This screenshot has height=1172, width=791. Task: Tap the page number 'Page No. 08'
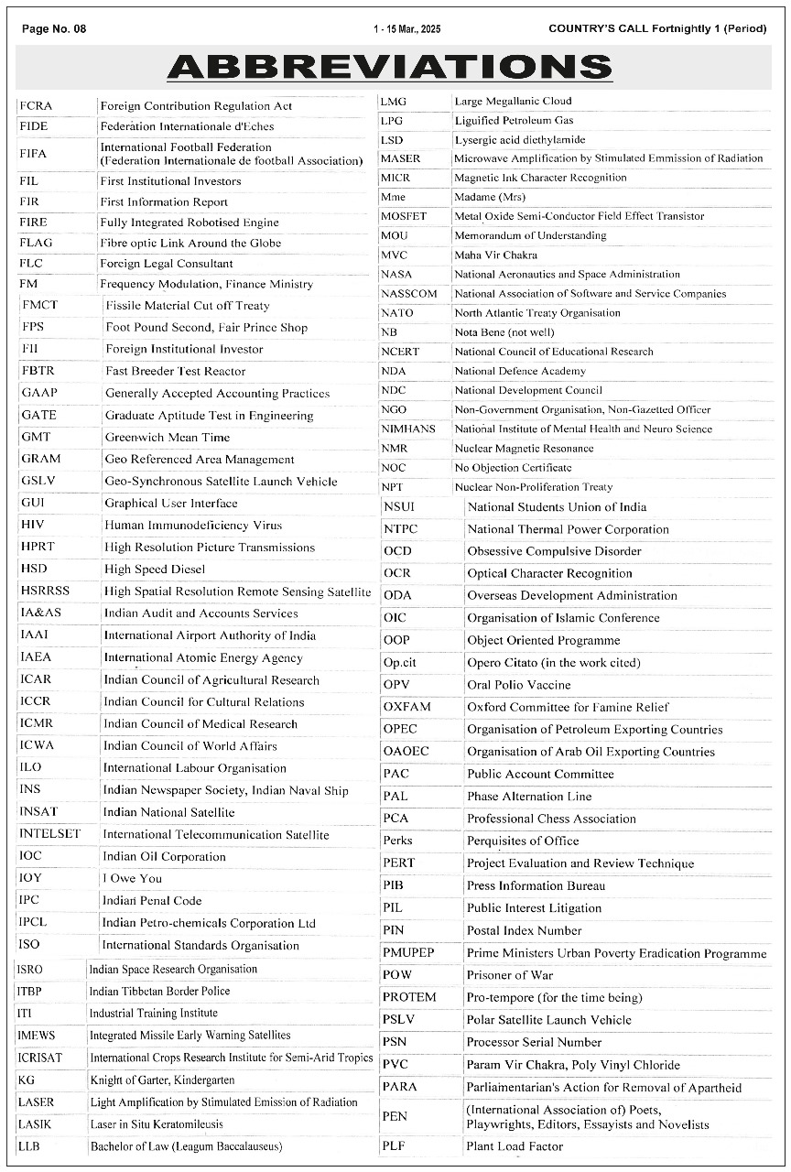point(54,28)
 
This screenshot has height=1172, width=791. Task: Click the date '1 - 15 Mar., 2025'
point(406,29)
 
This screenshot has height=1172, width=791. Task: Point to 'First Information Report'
point(164,202)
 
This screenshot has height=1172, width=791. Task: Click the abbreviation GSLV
point(41,482)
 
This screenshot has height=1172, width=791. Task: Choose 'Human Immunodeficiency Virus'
point(193,526)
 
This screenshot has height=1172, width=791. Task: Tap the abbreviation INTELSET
point(49,834)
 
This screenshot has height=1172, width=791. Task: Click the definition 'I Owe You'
point(132,878)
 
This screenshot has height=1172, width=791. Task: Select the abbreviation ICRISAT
point(40,1058)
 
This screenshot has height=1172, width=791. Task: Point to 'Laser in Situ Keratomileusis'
point(157,1124)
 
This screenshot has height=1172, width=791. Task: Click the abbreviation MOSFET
point(404,216)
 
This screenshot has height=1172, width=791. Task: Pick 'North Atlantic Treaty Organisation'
point(537,313)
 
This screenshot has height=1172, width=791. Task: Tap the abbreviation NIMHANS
point(408,429)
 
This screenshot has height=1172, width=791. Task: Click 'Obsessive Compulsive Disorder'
point(554,551)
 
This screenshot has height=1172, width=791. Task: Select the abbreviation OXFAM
point(407,707)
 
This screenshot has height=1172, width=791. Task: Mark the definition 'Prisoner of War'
point(510,975)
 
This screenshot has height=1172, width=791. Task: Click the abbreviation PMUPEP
point(408,953)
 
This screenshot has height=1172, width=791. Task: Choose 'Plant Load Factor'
point(515,1146)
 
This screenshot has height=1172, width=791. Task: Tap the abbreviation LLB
point(28,1146)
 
